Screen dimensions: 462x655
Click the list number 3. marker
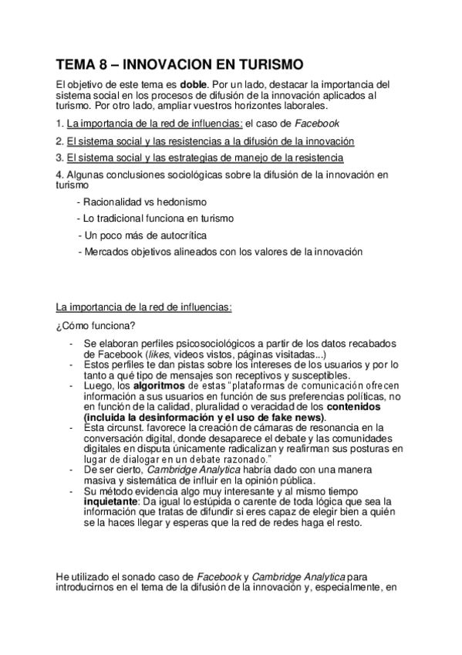60,158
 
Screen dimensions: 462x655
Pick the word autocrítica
180,234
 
